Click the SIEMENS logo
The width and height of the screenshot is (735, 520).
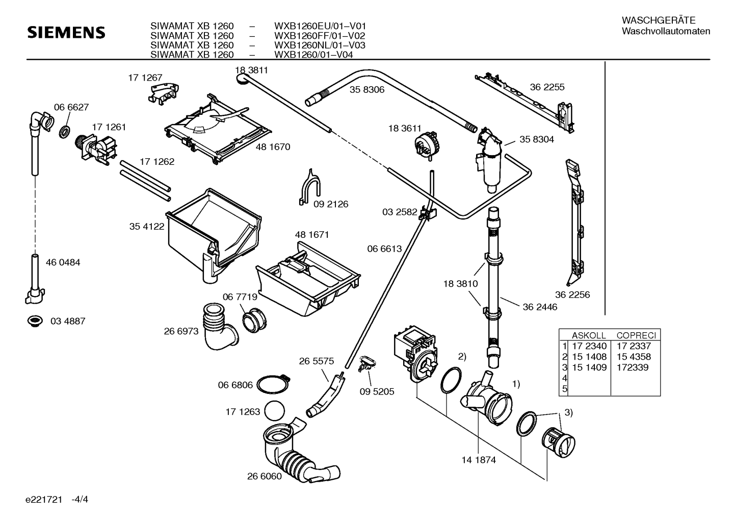[x=66, y=33]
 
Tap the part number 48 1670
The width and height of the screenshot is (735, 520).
[x=273, y=147]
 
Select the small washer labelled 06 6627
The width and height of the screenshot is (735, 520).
[x=65, y=131]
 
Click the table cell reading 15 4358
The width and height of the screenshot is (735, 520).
[x=634, y=357]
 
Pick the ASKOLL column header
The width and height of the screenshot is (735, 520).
[x=589, y=335]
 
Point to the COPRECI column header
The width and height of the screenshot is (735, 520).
[x=636, y=335]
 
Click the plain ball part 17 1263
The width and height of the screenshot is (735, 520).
[x=274, y=411]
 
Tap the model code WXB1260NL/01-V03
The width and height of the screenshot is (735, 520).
[x=320, y=45]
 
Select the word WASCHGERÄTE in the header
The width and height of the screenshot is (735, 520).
[x=659, y=20]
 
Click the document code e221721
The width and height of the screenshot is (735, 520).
[x=44, y=500]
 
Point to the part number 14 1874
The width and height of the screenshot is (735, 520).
[x=479, y=460]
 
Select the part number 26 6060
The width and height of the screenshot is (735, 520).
[x=265, y=476]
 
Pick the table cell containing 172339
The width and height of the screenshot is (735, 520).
[x=633, y=367]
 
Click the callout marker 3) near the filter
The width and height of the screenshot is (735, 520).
[x=569, y=413]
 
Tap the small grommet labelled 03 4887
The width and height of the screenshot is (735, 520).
[x=35, y=321]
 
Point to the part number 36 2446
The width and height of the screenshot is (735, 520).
[x=540, y=307]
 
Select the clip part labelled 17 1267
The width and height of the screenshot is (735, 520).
[x=163, y=93]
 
